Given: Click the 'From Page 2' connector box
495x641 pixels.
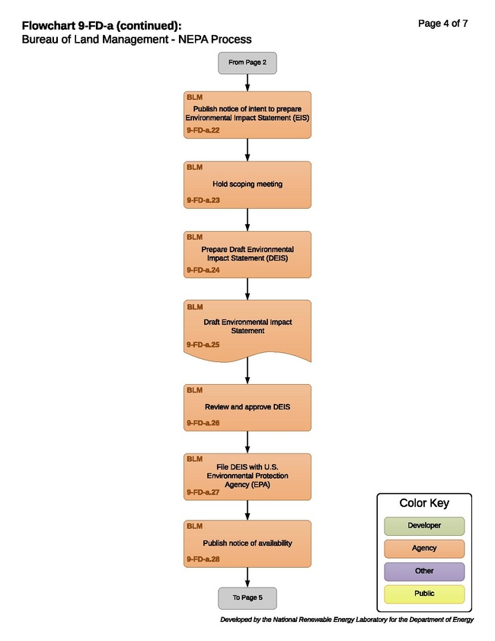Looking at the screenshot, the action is point(247,63).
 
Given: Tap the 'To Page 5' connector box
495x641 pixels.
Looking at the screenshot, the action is point(247,598).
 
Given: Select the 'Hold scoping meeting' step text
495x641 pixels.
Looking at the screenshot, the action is point(247,184).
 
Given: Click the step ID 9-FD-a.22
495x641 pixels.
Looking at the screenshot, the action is point(203,130).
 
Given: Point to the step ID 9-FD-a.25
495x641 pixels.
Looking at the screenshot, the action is point(203,345).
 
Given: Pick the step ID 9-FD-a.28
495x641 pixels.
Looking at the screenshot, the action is point(203,559).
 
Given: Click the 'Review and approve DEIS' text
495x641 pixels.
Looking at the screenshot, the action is point(247,407).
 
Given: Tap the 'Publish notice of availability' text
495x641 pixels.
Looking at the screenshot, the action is point(247,543).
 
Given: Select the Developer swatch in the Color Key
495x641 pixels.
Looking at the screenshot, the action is point(424,526).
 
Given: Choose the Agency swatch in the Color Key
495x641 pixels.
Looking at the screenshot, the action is point(424,549).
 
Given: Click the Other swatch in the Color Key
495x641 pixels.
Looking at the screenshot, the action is point(424,572).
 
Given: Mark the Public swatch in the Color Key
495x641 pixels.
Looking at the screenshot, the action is point(424,594).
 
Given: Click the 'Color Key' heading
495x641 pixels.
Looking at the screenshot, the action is point(424,503).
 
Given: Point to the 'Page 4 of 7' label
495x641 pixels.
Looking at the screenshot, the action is point(442,24).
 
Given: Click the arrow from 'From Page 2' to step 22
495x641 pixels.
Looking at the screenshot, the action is point(247,83).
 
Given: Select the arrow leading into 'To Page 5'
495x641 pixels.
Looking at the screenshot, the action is point(247,577).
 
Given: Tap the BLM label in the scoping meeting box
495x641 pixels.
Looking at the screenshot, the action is point(194,167).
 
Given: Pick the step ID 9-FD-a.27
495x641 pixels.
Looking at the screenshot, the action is point(203,492).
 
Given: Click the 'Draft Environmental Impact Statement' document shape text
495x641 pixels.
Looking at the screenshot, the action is point(247,326).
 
